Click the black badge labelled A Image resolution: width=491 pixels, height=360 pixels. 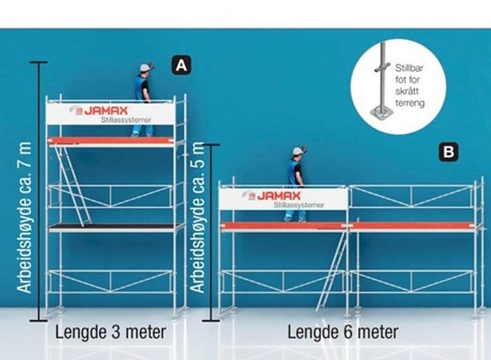(181, 66)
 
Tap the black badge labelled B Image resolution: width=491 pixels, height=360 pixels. (448, 152)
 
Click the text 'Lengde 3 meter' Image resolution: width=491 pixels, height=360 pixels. (110, 332)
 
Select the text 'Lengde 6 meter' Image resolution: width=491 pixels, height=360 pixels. (343, 332)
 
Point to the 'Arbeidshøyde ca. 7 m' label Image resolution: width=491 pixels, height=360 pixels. (24, 218)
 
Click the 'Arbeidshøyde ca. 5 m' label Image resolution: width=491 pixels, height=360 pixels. (197, 218)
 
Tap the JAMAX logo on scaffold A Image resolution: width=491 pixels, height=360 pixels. (99, 110)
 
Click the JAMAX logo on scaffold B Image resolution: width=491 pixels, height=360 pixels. (272, 196)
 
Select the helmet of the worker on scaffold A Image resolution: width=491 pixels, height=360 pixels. (145, 67)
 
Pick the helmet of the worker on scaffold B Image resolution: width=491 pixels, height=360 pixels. (298, 151)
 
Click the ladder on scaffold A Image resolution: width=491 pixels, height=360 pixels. (73, 186)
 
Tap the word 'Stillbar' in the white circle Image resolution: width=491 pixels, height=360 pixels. (409, 68)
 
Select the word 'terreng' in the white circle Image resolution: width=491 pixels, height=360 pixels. (410, 103)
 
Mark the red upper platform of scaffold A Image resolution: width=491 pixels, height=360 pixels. (111, 142)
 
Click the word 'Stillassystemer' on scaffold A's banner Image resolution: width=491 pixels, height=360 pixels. (126, 119)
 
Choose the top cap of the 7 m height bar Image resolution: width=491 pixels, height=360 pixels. (38, 62)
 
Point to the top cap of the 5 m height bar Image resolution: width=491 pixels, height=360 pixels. (211, 145)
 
